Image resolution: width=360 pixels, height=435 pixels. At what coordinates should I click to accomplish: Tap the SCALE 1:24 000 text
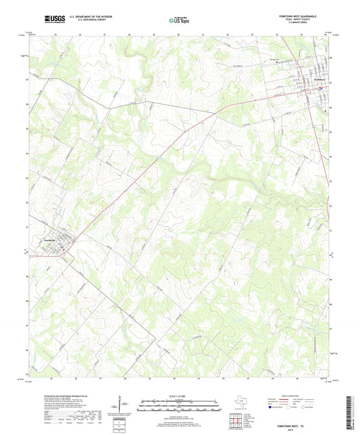click(180, 395)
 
